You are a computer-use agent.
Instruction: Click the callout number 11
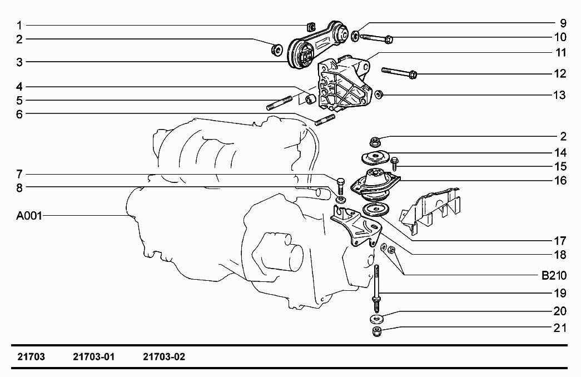pos(561,53)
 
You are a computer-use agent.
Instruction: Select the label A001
pos(29,216)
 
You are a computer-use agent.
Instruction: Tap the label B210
pos(554,275)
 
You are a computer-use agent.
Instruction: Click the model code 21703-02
pos(164,356)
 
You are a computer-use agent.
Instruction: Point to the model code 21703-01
pos(94,356)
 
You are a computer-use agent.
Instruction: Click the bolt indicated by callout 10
pos(376,38)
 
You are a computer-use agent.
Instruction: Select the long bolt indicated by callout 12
pos(399,72)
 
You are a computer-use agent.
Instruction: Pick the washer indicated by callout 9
pos(355,36)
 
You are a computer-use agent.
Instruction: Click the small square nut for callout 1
pos(311,26)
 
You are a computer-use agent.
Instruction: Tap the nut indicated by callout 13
pos(379,94)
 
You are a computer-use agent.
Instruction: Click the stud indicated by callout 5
pos(280,103)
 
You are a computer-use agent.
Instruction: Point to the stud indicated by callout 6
pos(325,120)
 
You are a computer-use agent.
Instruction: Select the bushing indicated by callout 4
pos(309,98)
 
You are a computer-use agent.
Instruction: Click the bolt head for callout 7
pos(341,182)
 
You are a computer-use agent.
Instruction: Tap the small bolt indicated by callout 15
pos(394,163)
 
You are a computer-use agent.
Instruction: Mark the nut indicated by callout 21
pos(377,331)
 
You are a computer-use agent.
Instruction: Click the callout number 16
pos(560,181)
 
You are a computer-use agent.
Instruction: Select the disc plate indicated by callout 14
pos(375,158)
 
